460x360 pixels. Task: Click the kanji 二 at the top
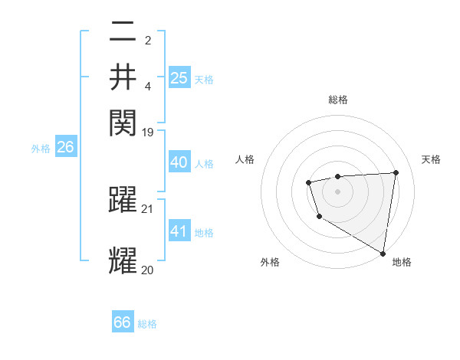tap(123, 33)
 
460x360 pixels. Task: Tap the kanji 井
tap(123, 77)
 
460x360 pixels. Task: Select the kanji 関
tap(123, 121)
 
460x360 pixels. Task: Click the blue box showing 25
tap(179, 77)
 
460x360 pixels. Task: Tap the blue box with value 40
tap(179, 162)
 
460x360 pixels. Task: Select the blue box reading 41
tap(179, 231)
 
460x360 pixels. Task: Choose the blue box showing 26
tap(65, 147)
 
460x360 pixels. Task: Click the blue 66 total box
tap(123, 322)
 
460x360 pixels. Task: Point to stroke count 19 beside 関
tap(148, 132)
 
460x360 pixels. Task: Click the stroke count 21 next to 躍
tap(148, 209)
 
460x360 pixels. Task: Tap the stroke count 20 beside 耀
tap(148, 270)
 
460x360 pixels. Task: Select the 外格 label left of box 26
tap(41, 149)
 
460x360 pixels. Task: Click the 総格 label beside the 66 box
tap(147, 324)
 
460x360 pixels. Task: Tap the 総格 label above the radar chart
tap(337, 100)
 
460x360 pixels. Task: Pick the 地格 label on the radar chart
tap(402, 262)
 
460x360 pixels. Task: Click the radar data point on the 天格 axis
tap(396, 172)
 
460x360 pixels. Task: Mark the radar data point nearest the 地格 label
tap(383, 254)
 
